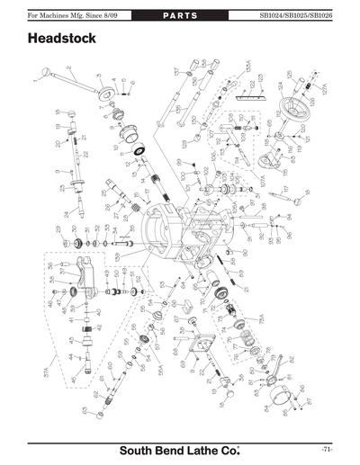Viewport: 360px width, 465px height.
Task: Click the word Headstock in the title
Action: pos(65,40)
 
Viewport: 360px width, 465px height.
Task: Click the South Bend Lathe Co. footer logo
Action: pos(180,448)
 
